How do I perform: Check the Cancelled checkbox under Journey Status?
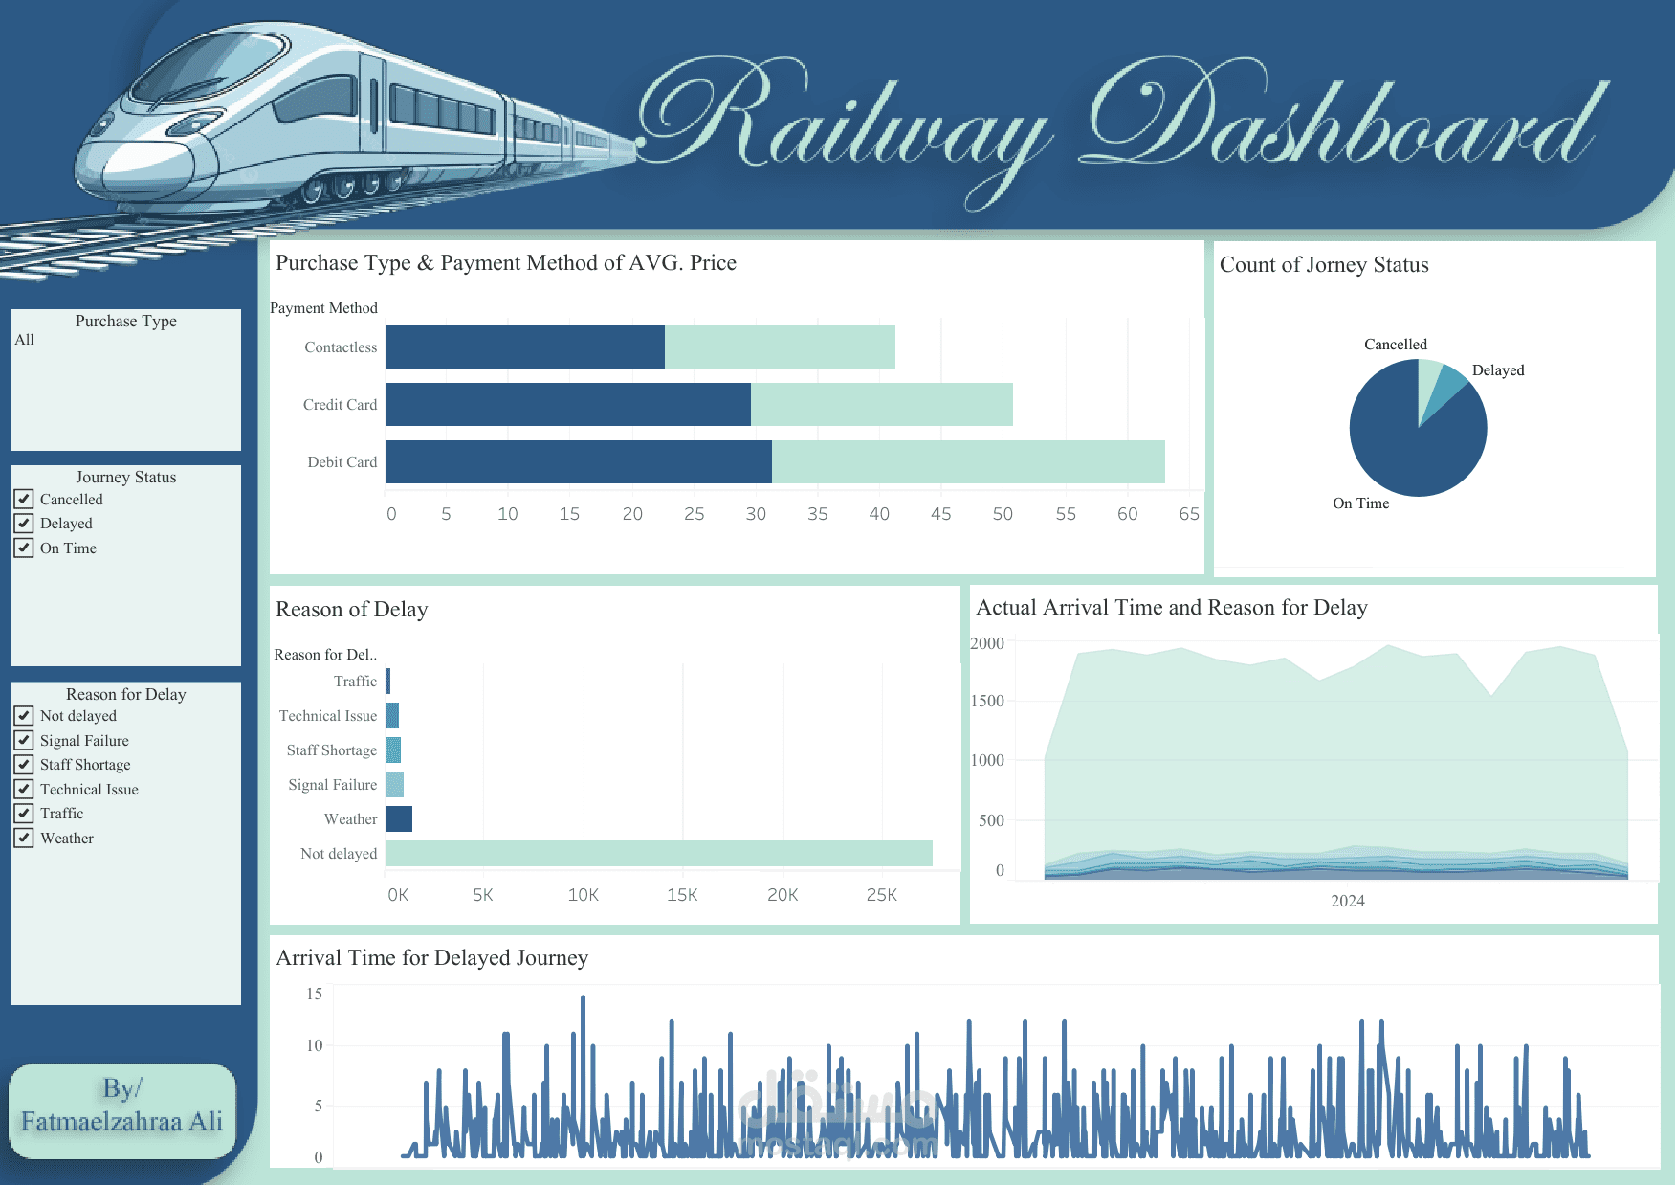(24, 499)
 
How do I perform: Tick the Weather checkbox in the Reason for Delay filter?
(24, 839)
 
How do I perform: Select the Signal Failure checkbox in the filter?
(24, 740)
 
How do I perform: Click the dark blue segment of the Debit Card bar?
(578, 462)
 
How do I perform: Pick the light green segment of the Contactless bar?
(780, 347)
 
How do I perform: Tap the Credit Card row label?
(340, 405)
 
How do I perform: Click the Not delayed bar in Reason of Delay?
(658, 854)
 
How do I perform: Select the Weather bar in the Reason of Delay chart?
(399, 819)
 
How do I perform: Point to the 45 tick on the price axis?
(940, 514)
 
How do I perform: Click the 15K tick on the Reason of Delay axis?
(682, 895)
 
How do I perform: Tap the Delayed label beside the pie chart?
(1497, 370)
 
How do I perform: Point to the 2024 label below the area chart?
(1347, 902)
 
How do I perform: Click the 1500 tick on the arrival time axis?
(987, 702)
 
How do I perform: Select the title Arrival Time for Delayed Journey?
(431, 958)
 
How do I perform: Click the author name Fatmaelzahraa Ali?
(121, 1122)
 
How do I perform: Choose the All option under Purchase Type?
(25, 340)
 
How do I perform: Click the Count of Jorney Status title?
(1323, 265)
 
